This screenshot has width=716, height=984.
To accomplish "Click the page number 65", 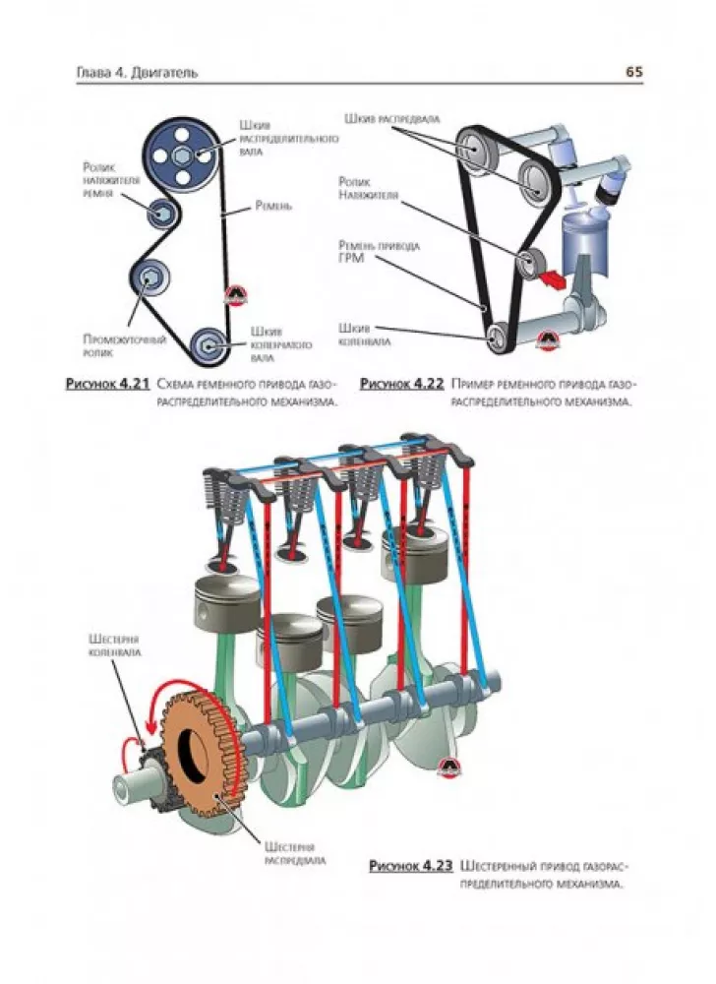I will coord(633,71).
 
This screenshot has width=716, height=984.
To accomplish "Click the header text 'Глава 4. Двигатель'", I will coord(136,72).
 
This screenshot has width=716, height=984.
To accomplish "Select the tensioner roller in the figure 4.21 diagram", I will coord(158,210).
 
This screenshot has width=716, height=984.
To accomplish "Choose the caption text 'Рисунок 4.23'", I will coord(410,866).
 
